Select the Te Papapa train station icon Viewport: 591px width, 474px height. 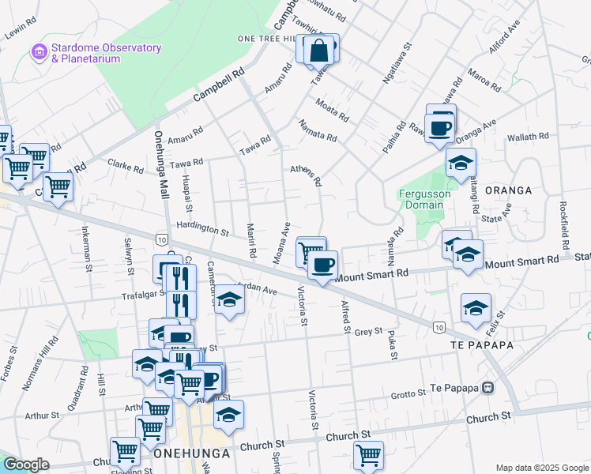[x=487, y=388]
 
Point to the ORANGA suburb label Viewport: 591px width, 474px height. [x=508, y=190]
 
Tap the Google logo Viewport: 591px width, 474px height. [x=27, y=465]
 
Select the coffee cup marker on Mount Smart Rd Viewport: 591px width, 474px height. [x=322, y=265]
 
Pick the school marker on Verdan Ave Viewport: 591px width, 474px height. [x=229, y=300]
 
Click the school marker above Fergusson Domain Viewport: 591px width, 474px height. [x=460, y=164]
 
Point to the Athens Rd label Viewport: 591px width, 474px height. [x=306, y=175]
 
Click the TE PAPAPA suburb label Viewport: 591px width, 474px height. [x=482, y=346]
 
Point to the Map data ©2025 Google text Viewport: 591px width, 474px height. [x=540, y=468]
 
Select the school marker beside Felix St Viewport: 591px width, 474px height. [x=476, y=309]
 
